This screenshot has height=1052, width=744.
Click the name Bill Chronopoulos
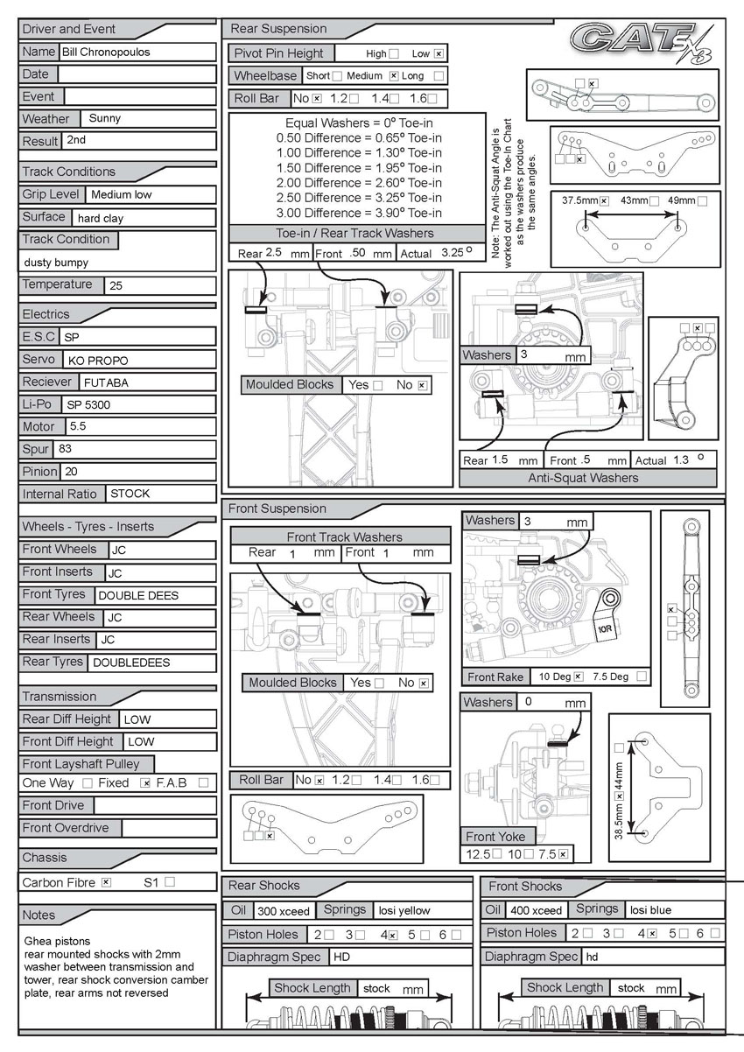click(106, 53)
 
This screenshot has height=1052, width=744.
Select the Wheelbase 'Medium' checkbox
click(393, 76)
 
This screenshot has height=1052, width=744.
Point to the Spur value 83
click(66, 450)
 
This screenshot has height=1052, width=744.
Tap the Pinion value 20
click(70, 472)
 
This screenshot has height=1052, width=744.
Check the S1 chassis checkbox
click(170, 882)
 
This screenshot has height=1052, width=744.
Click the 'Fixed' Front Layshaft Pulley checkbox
click(145, 782)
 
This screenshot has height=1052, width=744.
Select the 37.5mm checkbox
click(604, 200)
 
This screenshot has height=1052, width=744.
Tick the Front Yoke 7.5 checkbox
click(563, 853)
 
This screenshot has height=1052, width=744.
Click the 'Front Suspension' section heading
click(277, 508)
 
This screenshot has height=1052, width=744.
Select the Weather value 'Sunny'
click(105, 119)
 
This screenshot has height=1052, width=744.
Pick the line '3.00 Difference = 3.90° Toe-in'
click(359, 213)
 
